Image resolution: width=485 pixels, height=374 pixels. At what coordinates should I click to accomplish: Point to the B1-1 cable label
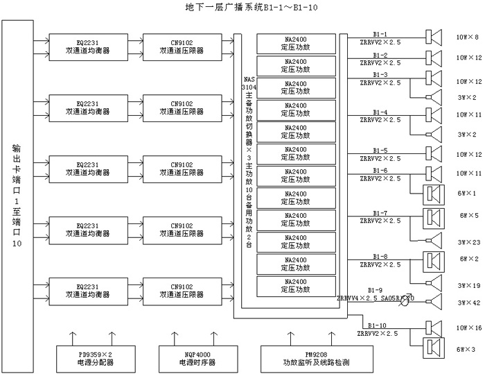click(x=380, y=33)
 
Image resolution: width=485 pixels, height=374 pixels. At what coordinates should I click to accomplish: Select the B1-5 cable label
click(x=380, y=151)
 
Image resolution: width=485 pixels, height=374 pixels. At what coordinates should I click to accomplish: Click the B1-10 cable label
click(x=378, y=324)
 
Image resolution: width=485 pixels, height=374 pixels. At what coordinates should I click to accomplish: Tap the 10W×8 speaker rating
click(x=467, y=36)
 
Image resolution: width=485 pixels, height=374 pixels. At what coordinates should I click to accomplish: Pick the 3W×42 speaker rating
click(x=467, y=303)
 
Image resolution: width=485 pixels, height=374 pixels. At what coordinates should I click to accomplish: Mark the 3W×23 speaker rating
click(x=467, y=242)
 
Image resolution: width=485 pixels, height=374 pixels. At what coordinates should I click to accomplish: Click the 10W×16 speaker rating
click(x=467, y=327)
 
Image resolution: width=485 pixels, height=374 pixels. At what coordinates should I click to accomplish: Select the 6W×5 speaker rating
click(x=467, y=216)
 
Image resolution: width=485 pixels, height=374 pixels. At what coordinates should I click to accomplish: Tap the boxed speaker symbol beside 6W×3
click(x=433, y=348)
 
